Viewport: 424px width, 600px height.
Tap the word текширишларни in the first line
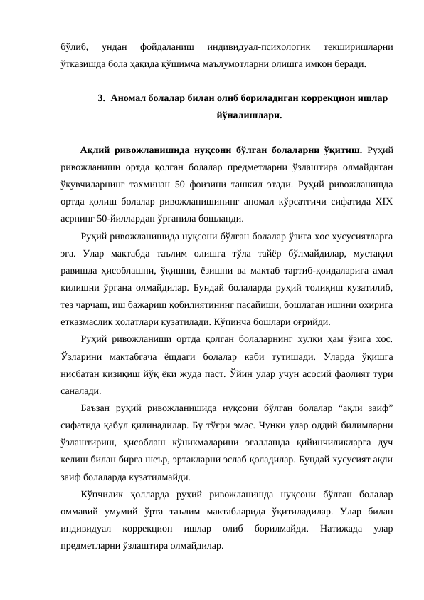359,48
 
